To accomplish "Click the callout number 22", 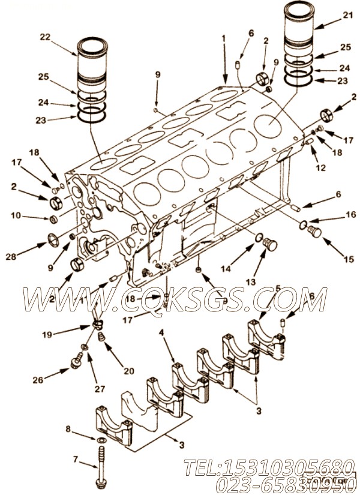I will point(44,37).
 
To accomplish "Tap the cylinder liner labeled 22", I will point(93,66).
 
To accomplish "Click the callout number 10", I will point(16,214).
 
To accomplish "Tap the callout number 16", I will point(350,214).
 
